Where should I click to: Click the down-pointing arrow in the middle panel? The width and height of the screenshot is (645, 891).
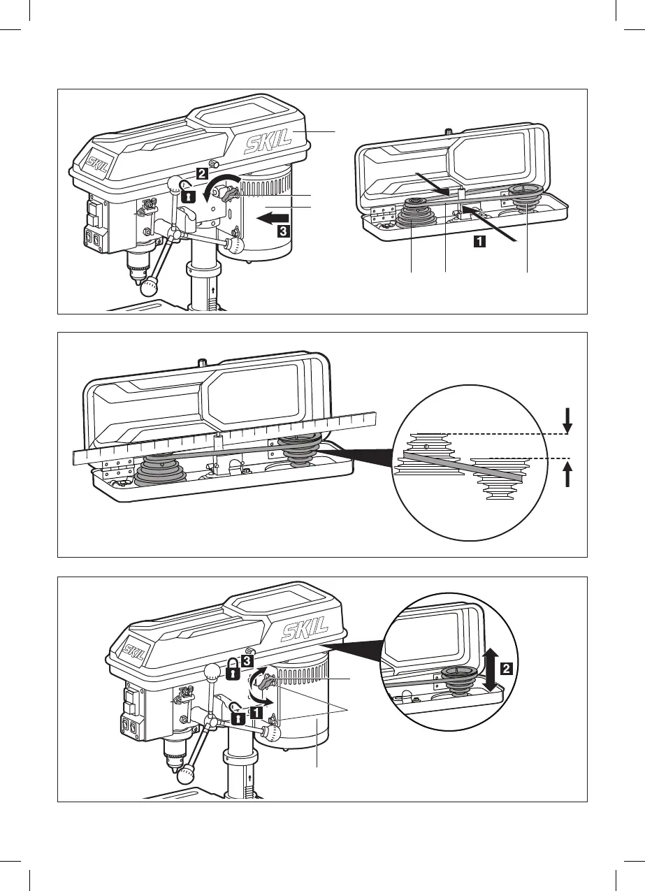click(x=567, y=419)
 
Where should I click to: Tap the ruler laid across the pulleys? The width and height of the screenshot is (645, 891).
click(x=224, y=440)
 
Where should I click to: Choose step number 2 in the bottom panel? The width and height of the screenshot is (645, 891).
click(x=507, y=667)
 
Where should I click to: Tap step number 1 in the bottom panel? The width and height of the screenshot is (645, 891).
click(x=256, y=712)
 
